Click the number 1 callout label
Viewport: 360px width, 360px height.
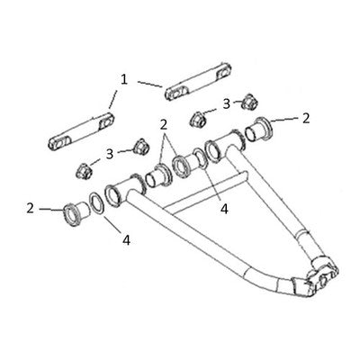(124, 80)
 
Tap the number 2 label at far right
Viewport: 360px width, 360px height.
(306, 119)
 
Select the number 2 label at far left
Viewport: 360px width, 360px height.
(30, 208)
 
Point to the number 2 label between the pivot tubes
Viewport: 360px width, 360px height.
(163, 125)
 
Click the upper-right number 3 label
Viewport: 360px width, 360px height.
(227, 103)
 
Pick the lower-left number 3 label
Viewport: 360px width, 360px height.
(110, 154)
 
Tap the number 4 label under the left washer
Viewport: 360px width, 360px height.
(127, 240)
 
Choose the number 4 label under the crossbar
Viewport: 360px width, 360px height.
(224, 209)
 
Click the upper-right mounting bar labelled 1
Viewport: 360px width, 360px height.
(198, 81)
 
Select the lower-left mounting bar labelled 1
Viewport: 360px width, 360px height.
(81, 131)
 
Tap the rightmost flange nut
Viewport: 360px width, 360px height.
(250, 102)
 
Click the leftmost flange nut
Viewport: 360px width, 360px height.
(84, 171)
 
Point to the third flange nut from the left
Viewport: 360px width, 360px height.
(198, 119)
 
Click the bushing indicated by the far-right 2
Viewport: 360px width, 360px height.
(258, 130)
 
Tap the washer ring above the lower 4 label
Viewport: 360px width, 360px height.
(97, 203)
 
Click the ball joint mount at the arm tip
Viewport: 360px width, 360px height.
(322, 276)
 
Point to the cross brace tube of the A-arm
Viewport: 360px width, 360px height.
(207, 192)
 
